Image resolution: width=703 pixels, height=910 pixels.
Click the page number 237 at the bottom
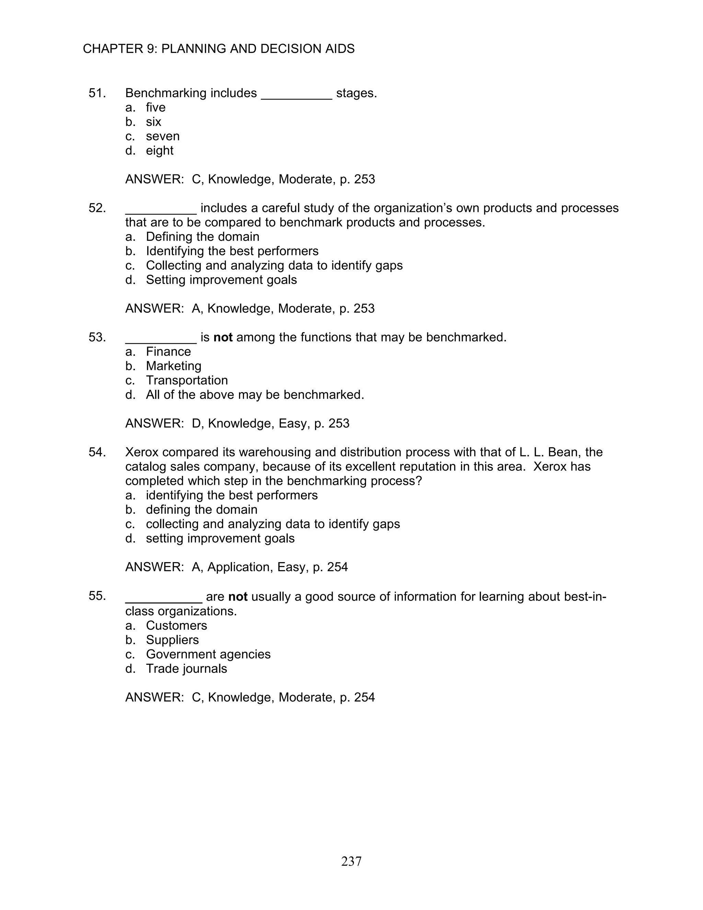(x=351, y=861)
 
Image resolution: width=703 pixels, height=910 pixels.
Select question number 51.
(x=97, y=93)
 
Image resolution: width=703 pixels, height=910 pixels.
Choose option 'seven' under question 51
(x=162, y=136)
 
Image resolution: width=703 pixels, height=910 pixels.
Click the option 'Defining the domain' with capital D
(x=203, y=237)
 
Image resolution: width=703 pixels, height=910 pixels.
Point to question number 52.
(x=97, y=208)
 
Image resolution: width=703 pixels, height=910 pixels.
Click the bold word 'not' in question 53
(x=223, y=337)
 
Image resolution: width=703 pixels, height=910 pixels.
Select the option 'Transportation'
(x=187, y=380)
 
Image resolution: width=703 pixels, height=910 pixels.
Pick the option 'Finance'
(x=168, y=352)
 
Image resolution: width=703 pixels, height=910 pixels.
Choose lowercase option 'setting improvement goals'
(x=220, y=538)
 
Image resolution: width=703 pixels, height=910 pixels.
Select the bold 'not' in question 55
(x=238, y=597)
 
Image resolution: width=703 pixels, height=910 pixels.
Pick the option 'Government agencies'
(x=208, y=654)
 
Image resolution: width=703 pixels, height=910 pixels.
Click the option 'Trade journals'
(x=186, y=669)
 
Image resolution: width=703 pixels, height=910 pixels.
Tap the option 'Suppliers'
(x=172, y=640)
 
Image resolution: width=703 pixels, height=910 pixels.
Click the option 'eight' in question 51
(x=160, y=150)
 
